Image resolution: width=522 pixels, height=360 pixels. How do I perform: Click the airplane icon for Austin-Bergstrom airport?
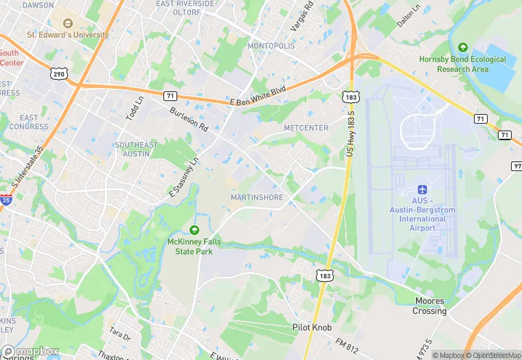pos(422,189)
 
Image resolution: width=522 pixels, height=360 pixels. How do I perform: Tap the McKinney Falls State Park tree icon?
pos(194,230)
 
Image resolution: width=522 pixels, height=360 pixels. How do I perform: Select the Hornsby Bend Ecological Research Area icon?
pos(463,48)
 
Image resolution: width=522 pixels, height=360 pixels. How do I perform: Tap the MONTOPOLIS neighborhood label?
pos(271,45)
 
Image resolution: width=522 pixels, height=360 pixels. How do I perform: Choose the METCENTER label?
pos(306,128)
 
